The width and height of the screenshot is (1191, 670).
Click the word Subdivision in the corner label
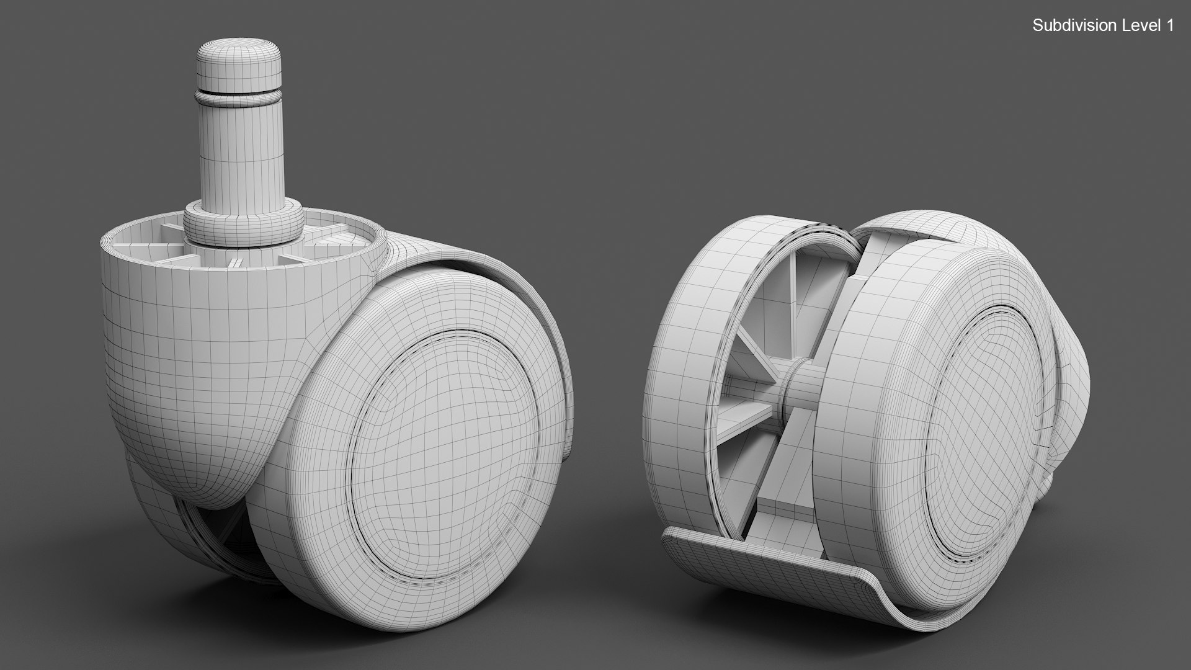tap(1065, 25)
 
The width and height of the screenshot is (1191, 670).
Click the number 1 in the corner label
tap(1169, 25)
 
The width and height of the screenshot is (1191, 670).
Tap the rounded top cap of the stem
tap(238, 59)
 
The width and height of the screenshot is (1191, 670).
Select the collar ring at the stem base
tap(243, 223)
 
